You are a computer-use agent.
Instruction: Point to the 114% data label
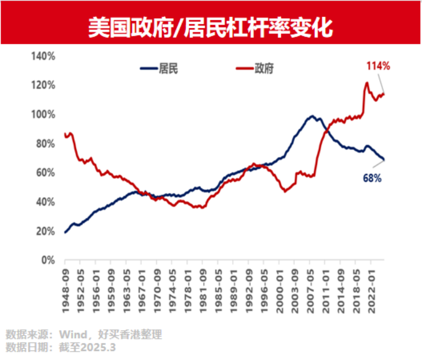coord(378,66)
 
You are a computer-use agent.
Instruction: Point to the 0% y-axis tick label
coord(47,260)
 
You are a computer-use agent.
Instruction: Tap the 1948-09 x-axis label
coord(65,286)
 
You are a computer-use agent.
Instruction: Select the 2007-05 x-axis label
coord(310,286)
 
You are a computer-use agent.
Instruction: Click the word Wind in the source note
coord(70,335)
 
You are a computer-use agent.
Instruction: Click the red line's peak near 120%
coord(367,83)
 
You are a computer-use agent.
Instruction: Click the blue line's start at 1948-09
coord(65,232)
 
